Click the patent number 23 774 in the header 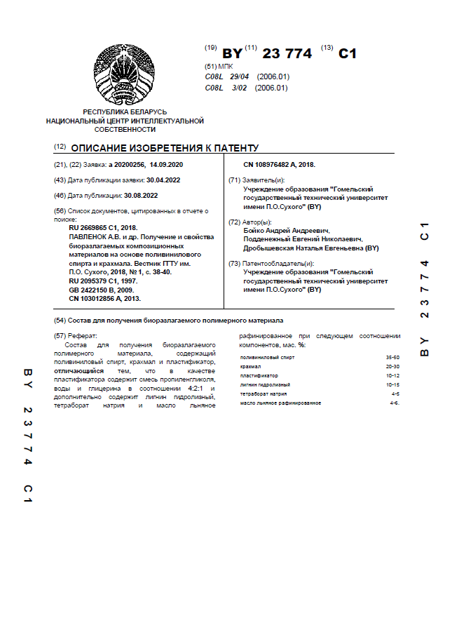286,53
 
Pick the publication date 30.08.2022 141,196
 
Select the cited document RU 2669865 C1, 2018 103,227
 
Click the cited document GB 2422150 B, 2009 102,290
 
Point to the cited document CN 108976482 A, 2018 279,165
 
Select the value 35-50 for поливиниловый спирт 392,357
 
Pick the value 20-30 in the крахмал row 392,366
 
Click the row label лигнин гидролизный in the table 265,384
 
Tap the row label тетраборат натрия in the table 263,394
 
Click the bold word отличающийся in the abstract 79,370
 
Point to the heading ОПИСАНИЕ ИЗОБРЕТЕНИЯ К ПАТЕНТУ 165,148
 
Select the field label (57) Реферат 76,336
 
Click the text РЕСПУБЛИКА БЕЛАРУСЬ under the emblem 125,112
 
